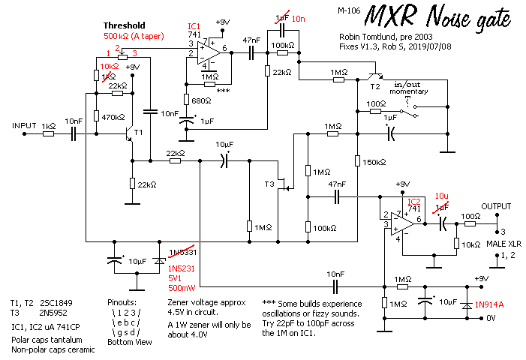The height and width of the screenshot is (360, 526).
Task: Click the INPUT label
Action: [24, 126]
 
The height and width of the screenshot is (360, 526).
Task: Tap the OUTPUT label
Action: [496, 206]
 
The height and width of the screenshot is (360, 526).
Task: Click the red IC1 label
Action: [194, 26]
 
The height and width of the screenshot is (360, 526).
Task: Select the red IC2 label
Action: [414, 202]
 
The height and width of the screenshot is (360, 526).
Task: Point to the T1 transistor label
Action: [139, 133]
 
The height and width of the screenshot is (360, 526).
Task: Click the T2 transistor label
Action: [375, 87]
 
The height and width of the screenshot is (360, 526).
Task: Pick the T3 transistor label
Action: [269, 184]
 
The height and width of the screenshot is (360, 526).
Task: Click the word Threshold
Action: [124, 25]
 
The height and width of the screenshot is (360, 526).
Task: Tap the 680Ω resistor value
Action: [201, 100]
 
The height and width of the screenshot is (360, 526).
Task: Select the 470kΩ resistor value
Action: [113, 117]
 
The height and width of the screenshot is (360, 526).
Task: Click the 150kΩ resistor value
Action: [374, 162]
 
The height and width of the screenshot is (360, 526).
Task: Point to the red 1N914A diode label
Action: [489, 304]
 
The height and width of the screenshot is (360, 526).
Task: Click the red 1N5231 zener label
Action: [181, 268]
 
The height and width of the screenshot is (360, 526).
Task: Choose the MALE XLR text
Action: [503, 244]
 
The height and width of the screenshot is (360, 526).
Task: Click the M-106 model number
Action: [349, 10]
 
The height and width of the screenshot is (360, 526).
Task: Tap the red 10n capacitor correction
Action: [298, 19]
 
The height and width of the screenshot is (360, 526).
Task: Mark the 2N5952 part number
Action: [53, 313]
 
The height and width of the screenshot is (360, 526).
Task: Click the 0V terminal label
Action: [491, 318]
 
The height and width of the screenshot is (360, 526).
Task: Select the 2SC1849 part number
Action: [56, 303]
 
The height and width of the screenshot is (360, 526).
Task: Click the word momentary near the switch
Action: [409, 91]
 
